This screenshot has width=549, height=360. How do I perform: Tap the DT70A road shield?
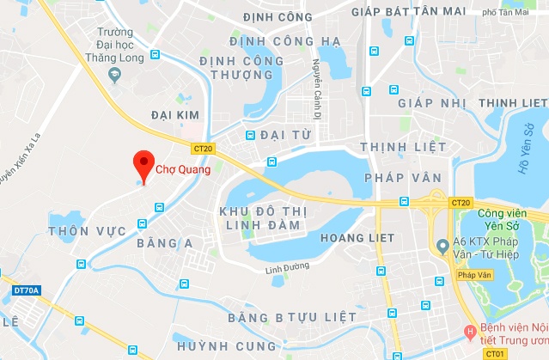click(27, 291)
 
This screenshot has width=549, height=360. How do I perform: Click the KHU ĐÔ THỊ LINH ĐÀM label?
click(259, 217)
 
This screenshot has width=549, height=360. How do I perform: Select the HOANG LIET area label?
click(357, 237)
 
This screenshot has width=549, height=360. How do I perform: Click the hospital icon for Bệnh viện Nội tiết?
click(469, 331)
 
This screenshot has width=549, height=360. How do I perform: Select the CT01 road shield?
click(495, 353)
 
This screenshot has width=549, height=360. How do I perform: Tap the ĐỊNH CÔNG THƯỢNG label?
click(241, 68)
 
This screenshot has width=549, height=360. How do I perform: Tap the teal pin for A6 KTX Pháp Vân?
click(442, 247)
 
